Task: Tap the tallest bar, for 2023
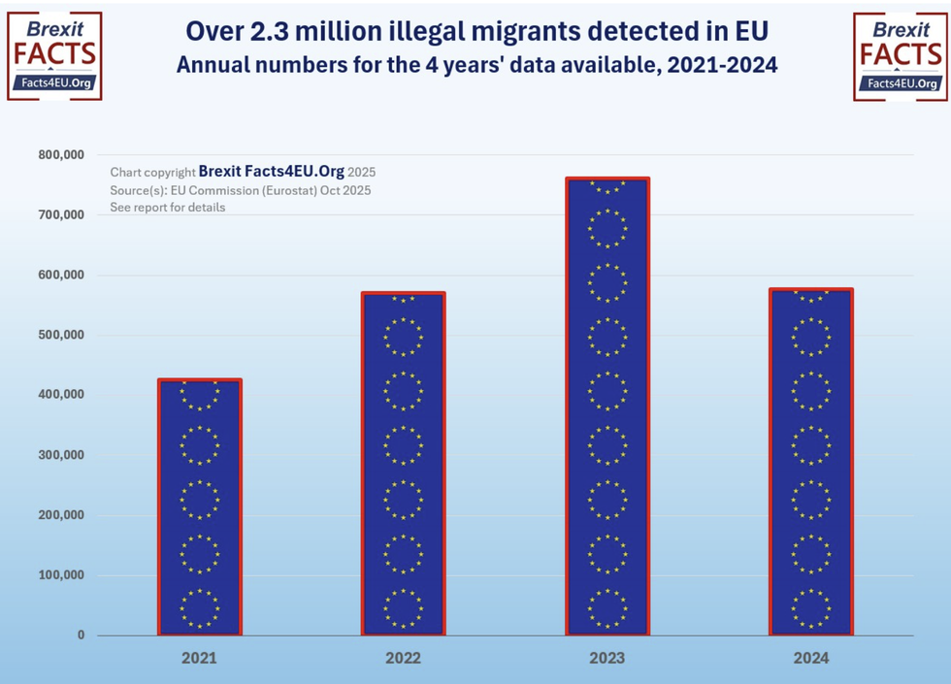[607, 407]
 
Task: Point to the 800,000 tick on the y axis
[60, 154]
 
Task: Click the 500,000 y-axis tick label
[60, 335]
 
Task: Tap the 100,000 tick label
[60, 575]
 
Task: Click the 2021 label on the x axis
[199, 659]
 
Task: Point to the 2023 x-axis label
[607, 659]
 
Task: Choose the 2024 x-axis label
[811, 659]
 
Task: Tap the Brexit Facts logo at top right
[901, 55]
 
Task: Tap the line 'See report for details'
[168, 208]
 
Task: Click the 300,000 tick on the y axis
[60, 455]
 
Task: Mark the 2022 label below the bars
[403, 659]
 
